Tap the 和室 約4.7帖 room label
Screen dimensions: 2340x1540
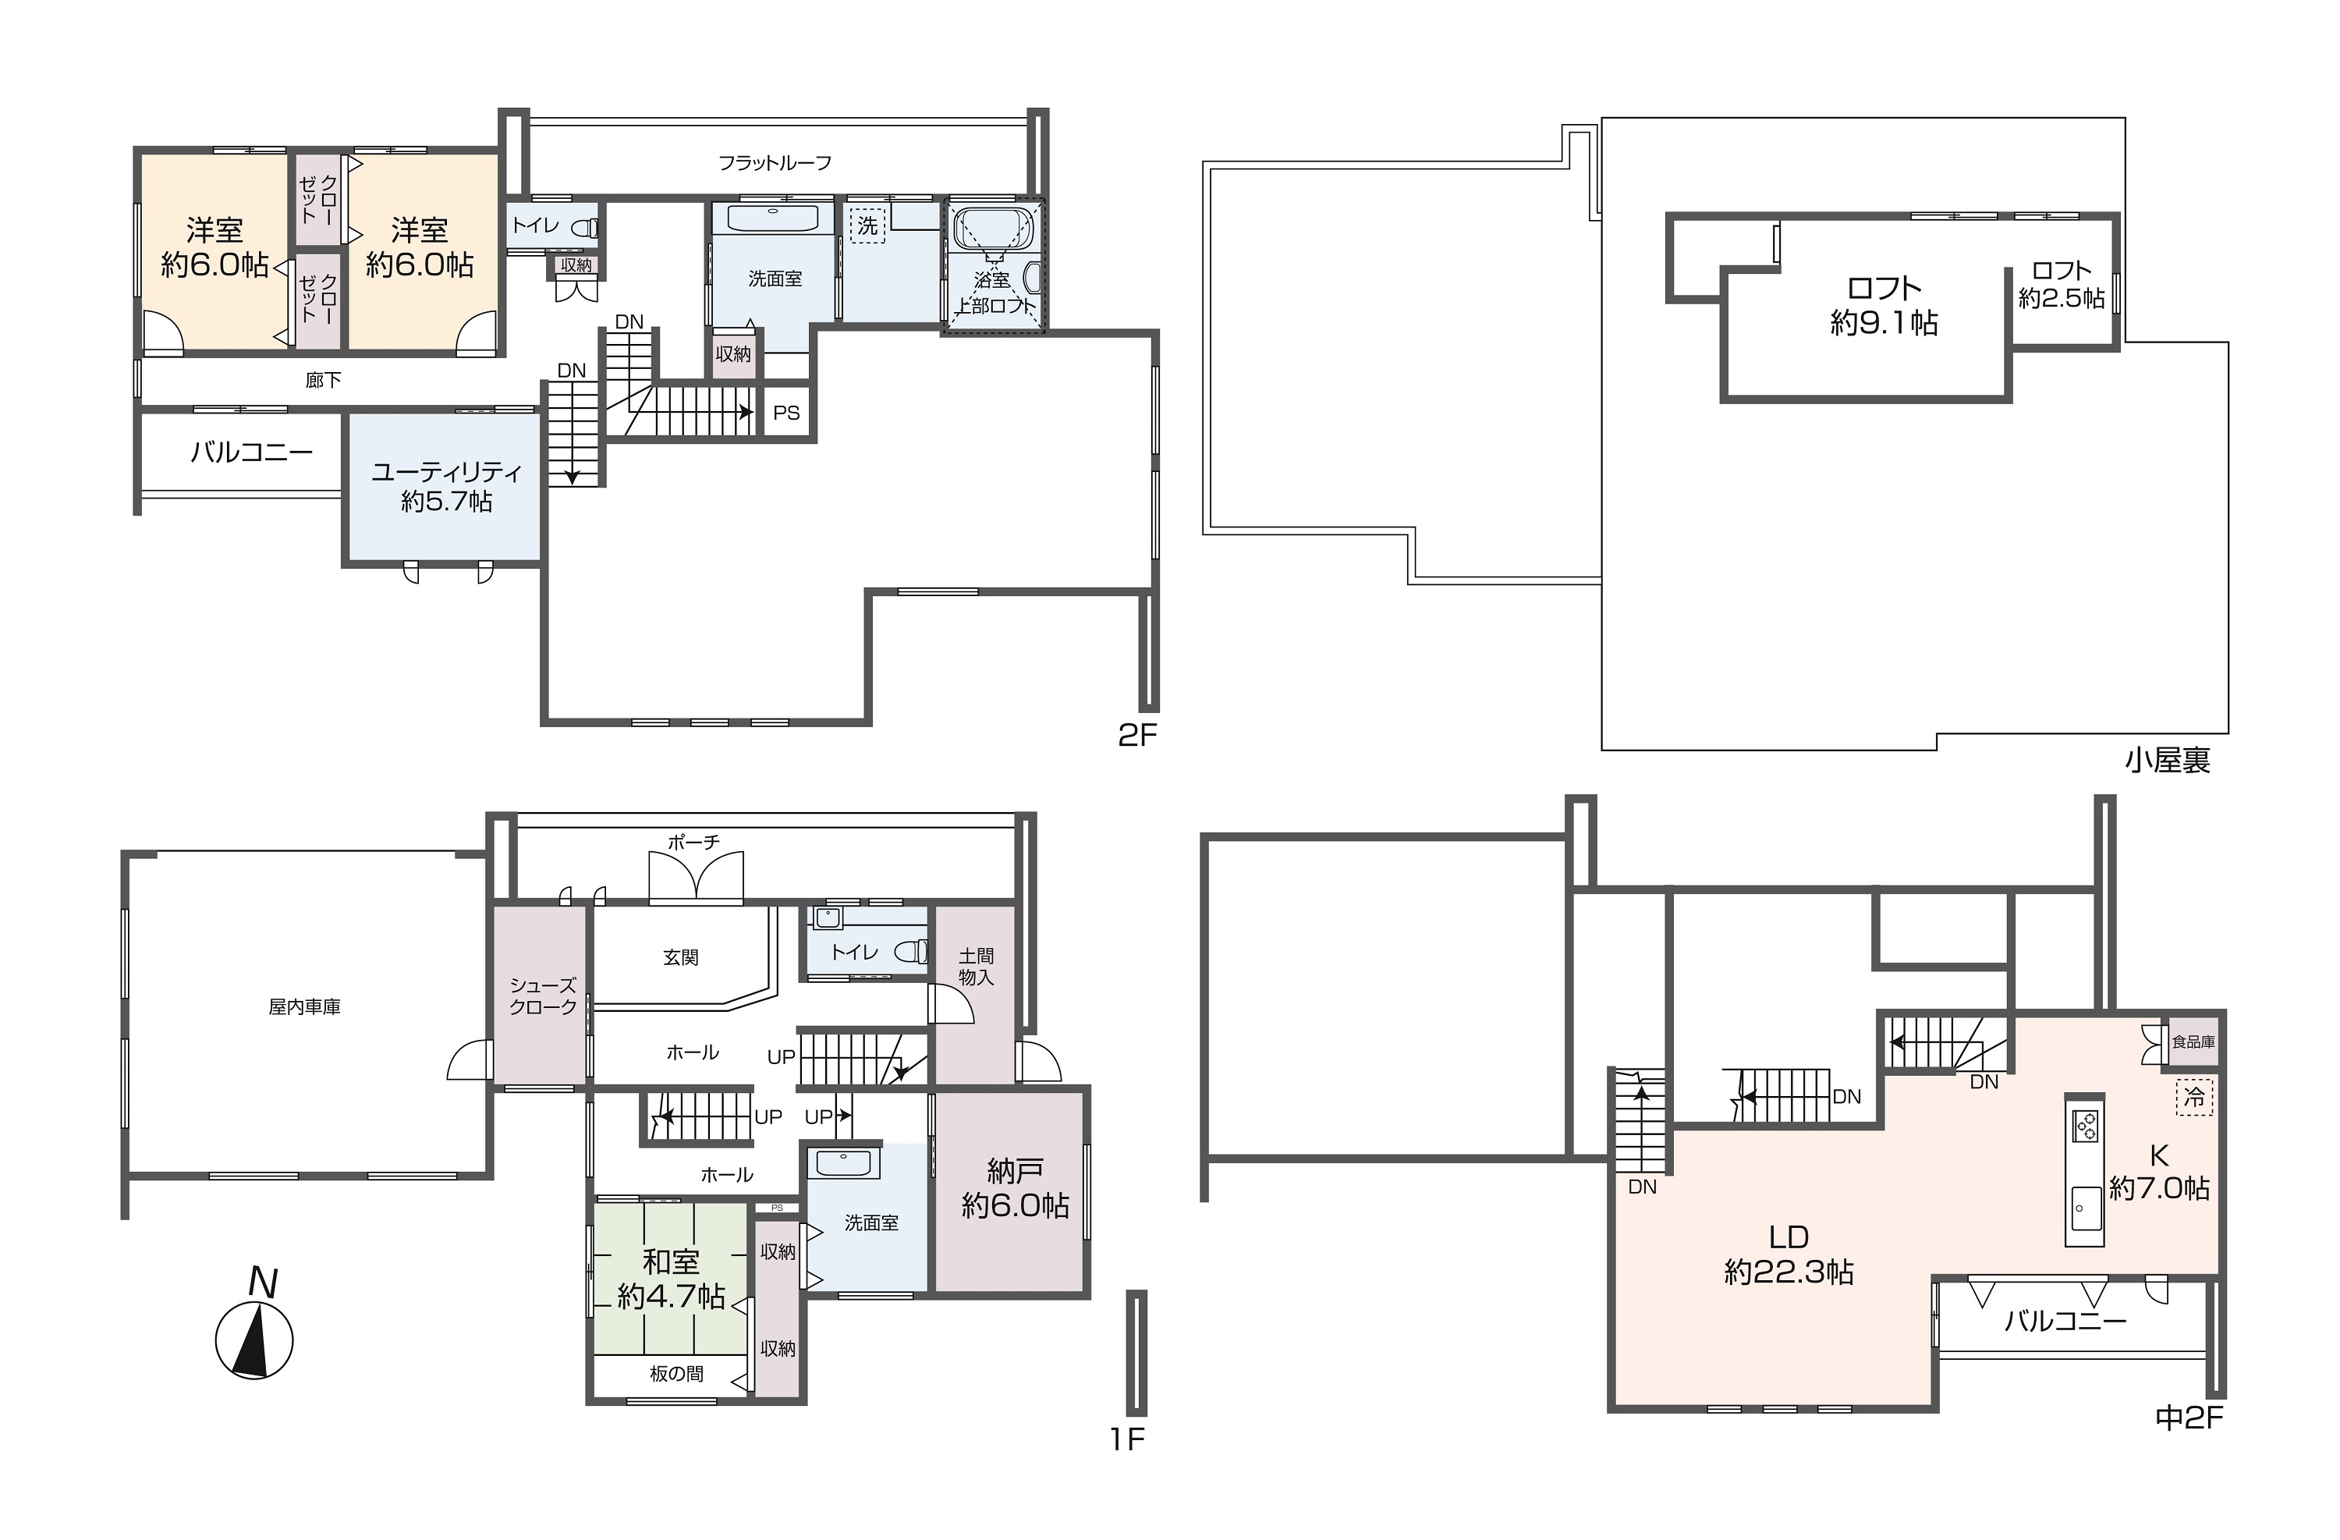coord(671,1279)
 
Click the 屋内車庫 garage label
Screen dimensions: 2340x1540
coord(305,1007)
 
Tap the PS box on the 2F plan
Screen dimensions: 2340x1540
coord(786,413)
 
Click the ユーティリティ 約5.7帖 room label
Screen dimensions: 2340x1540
coord(446,487)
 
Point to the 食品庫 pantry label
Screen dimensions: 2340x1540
coord(2193,1041)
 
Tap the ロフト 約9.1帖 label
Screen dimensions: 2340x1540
coord(1884,305)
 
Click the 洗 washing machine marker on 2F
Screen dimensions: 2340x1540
coord(867,225)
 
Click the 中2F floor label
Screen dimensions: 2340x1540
coord(2189,1417)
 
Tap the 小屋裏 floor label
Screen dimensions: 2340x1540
coord(2167,760)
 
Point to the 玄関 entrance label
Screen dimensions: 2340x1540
coord(680,957)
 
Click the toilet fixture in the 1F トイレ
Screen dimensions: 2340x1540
coord(910,951)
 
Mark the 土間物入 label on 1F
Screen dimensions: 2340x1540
coord(977,967)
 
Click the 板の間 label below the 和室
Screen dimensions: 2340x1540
coord(676,1374)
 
